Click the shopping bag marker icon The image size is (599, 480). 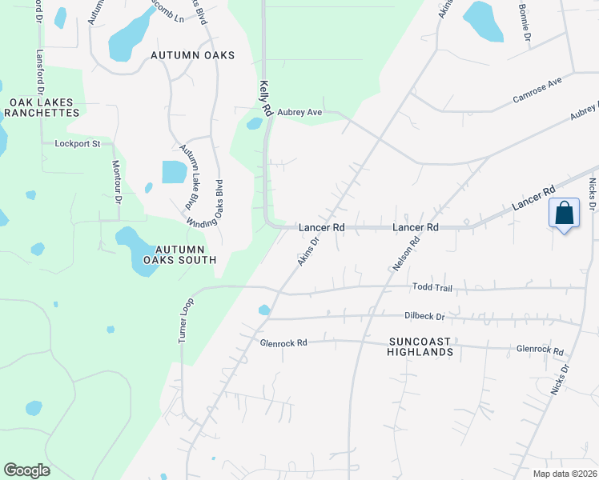(565, 214)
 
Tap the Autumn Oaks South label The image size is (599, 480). (179, 254)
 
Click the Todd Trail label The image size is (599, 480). (432, 286)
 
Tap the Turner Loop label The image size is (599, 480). (184, 322)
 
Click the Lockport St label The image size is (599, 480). (77, 144)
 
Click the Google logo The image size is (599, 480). (26, 470)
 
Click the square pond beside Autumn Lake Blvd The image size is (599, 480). (174, 172)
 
